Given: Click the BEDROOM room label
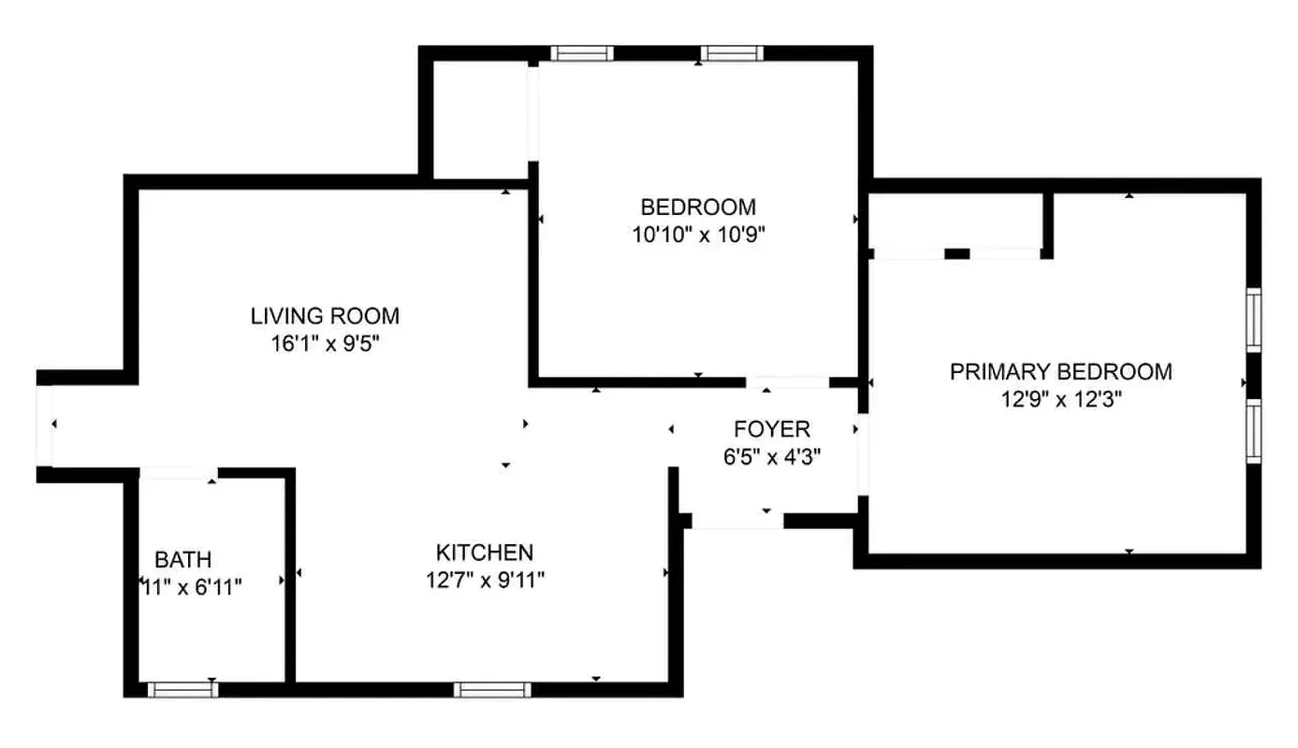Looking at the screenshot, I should [x=697, y=207].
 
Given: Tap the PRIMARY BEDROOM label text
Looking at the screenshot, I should [x=1060, y=372].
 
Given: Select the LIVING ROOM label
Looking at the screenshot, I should [x=325, y=316].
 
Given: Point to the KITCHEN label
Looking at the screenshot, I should [x=485, y=553].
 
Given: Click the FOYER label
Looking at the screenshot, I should [x=772, y=430].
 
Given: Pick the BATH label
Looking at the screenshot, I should [x=182, y=561].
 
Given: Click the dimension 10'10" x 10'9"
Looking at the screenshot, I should [x=698, y=236].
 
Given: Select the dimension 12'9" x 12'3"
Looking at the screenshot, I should [x=1060, y=400].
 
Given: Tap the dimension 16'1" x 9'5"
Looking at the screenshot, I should [x=325, y=344].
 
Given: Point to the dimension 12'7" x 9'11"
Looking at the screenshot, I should [x=485, y=581].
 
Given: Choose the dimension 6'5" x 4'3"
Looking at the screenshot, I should [x=772, y=458].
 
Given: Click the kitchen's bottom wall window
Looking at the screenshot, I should [x=492, y=690].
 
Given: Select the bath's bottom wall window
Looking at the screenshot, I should [x=182, y=690].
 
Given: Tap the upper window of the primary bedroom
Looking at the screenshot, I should [x=1254, y=320].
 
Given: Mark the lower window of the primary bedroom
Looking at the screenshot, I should [x=1254, y=431].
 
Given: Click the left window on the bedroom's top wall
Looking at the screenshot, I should [x=581, y=53].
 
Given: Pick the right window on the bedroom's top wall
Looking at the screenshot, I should [x=732, y=53].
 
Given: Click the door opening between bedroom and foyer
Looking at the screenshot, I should [x=787, y=381].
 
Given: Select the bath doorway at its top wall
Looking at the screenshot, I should [x=179, y=473].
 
